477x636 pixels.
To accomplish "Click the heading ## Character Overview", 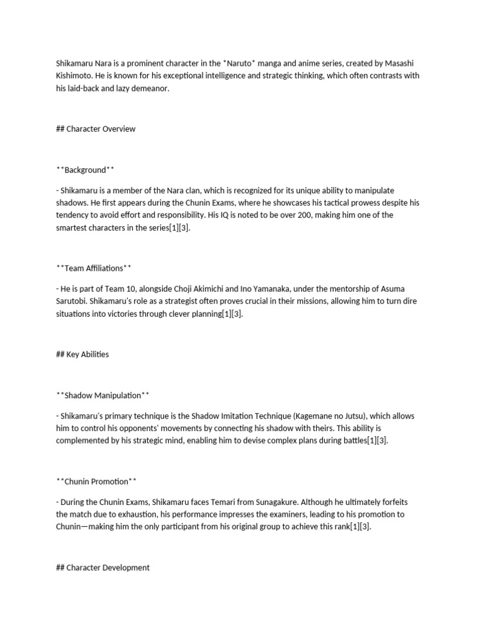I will point(96,129).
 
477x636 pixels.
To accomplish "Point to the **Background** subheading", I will point(85,170).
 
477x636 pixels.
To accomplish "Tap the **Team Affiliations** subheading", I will point(93,268).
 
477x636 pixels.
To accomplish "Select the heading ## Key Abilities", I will point(82,354).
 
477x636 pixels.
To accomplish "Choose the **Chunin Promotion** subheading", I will point(96,481).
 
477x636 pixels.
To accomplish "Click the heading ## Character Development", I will point(102,568).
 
